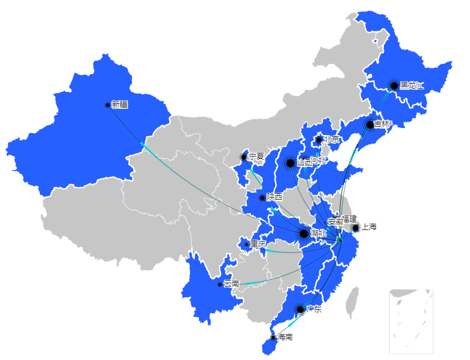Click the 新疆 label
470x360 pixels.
120,105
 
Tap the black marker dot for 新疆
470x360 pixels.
108,105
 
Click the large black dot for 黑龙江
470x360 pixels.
394,85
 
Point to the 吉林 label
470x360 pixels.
383,125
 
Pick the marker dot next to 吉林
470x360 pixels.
370,125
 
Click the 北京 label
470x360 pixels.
331,139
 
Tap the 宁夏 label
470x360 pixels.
256,156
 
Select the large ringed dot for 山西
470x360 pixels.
291,164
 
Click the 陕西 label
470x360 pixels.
274,197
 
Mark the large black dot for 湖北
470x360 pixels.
304,233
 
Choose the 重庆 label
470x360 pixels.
258,244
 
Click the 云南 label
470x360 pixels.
231,284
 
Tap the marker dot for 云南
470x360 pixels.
220,284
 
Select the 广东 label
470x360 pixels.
314,310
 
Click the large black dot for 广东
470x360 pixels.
300,309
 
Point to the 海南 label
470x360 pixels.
285,337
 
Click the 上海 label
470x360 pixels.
369,227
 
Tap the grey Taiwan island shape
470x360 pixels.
352,302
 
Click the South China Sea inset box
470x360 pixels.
411,321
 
